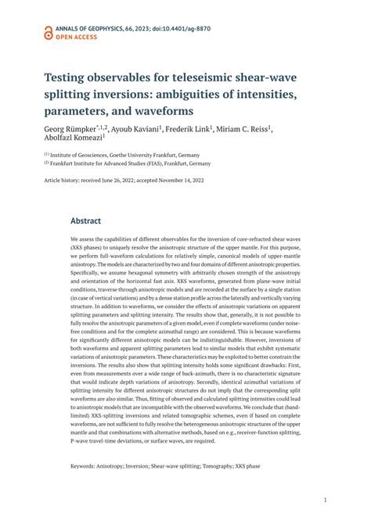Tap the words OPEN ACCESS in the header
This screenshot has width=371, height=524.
[77, 36]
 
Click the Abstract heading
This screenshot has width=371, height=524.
[85, 221]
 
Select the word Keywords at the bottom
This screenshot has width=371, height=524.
[85, 466]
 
